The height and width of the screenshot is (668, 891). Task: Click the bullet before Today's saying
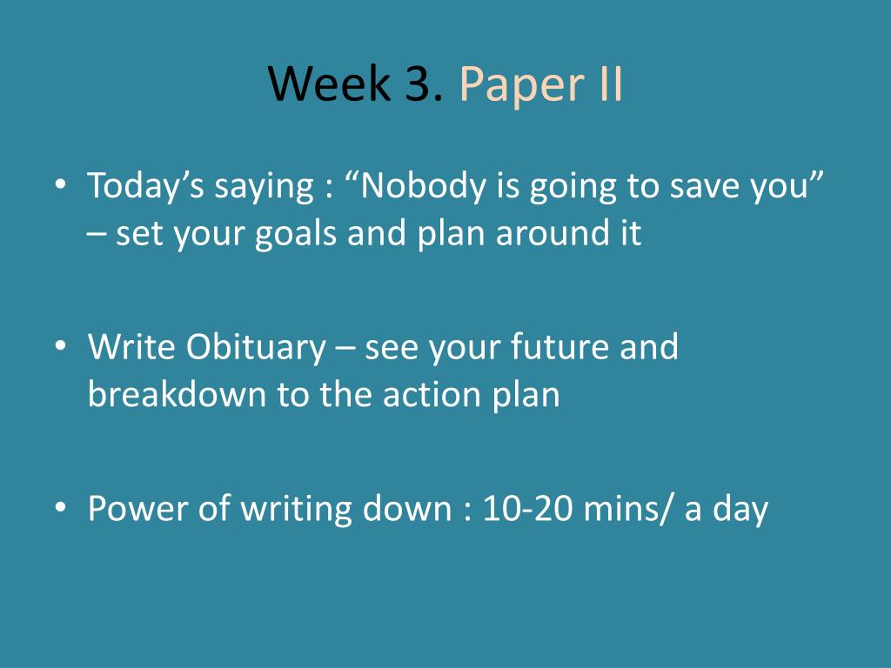click(x=61, y=185)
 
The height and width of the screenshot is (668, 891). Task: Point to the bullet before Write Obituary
click(x=61, y=346)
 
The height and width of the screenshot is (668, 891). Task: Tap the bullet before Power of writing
click(x=61, y=507)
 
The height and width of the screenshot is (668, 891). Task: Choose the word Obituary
click(x=256, y=348)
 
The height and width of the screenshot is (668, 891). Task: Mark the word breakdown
click(x=177, y=394)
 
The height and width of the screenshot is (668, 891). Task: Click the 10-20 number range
click(x=527, y=508)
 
